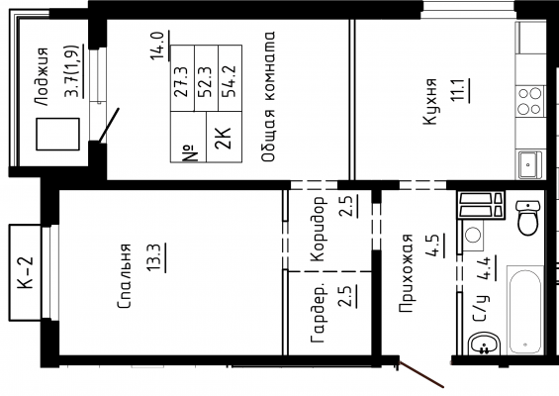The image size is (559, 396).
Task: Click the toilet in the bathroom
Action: point(528,218)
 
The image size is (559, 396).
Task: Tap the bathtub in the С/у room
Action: point(525,310)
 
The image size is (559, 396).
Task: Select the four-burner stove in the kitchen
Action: point(529,101)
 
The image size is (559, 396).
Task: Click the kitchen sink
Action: point(529,164)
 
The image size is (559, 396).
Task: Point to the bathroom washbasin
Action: point(485,344)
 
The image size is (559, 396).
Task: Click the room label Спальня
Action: point(125,276)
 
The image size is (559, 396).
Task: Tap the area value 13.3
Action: point(156,258)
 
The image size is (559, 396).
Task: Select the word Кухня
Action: point(429,101)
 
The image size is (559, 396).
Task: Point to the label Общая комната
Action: point(268,96)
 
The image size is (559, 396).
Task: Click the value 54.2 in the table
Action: point(230,82)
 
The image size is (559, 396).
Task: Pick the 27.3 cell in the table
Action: point(182,82)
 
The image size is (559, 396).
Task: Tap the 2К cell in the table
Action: point(225,138)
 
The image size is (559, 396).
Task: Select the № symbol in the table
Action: point(190,153)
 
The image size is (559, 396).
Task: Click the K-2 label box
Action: point(25,272)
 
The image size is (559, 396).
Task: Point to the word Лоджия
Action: point(42,76)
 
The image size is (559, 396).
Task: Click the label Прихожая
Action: point(406,273)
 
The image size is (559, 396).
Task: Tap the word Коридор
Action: point(318,229)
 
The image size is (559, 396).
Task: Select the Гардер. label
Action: point(318,313)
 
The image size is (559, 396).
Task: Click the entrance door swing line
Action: point(421,374)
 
